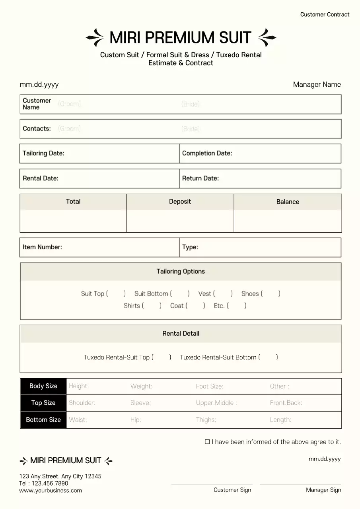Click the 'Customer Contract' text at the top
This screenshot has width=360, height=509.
[325, 15]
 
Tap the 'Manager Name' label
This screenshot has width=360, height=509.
[317, 84]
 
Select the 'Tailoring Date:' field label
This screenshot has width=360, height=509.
[43, 153]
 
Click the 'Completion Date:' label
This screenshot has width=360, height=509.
[207, 153]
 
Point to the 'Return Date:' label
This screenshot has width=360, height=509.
[200, 178]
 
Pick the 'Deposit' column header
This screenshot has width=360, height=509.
[180, 202]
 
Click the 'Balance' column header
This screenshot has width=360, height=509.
[288, 202]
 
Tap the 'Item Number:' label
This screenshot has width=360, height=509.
[42, 247]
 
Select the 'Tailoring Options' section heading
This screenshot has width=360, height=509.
[181, 272]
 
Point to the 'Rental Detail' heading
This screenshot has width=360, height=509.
[181, 334]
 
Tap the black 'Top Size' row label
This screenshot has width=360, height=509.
[43, 403]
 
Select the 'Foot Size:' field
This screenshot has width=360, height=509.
[210, 387]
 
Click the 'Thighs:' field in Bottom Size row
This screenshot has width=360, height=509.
[206, 420]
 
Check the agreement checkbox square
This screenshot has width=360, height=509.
[207, 442]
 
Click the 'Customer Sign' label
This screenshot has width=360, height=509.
[232, 490]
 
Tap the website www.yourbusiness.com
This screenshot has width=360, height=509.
[51, 491]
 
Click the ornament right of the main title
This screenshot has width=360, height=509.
[267, 38]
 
